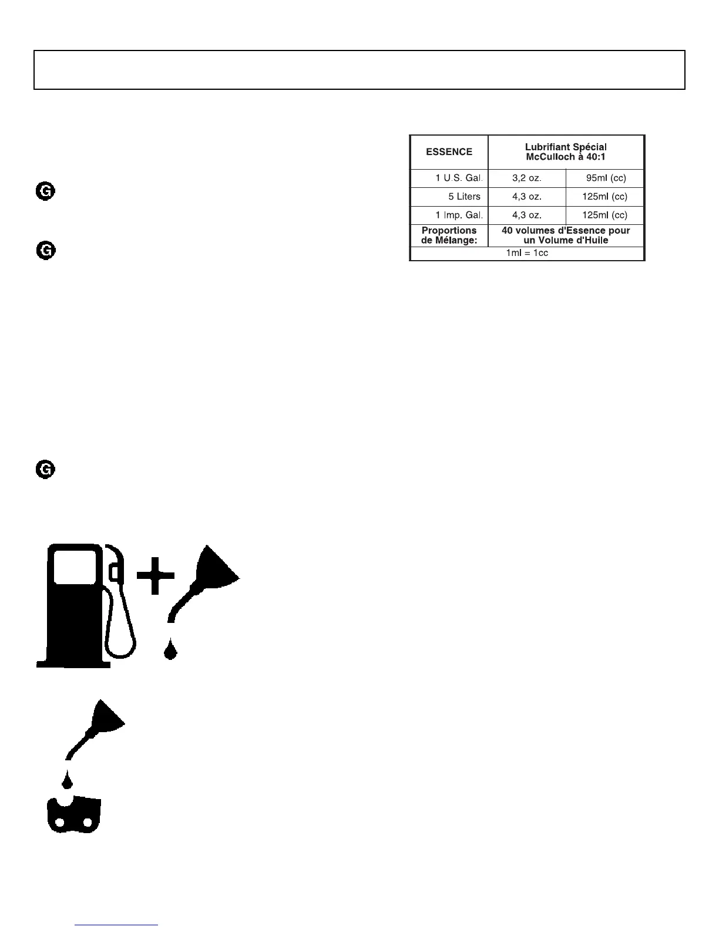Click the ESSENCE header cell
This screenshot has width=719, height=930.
point(449,152)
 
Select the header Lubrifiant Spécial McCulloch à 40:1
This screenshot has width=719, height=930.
point(566,152)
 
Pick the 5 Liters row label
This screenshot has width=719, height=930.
point(464,197)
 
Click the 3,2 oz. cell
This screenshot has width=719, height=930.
point(527,178)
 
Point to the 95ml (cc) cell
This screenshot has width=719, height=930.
point(606,178)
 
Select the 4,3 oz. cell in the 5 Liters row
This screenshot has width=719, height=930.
point(527,197)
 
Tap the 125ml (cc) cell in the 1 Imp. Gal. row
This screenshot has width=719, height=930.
point(604,215)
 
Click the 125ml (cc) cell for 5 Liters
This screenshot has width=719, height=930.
point(604,197)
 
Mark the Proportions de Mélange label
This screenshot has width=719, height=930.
point(449,235)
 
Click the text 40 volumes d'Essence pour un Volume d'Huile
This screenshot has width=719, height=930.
point(566,235)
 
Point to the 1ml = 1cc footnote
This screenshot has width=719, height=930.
point(527,253)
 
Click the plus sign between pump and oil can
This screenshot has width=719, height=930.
point(156,575)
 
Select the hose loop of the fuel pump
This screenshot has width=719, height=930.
point(120,634)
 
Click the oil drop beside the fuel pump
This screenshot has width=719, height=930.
point(170,650)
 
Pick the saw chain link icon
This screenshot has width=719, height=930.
point(74,814)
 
